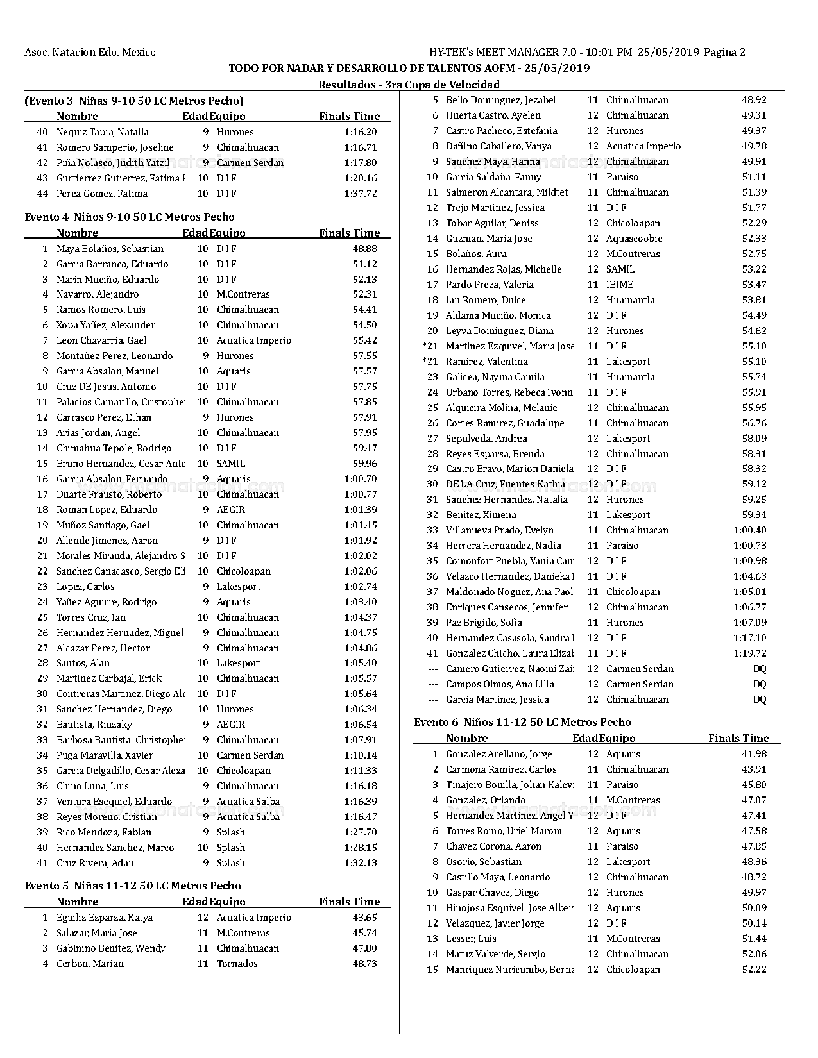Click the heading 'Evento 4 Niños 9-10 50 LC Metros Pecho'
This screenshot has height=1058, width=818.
pyautogui.click(x=130, y=217)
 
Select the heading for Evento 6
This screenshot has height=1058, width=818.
pyautogui.click(x=522, y=722)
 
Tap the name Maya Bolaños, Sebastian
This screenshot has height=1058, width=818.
pyautogui.click(x=110, y=249)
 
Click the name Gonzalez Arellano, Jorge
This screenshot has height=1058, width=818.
pyautogui.click(x=498, y=754)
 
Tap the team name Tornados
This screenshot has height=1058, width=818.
pyautogui.click(x=237, y=964)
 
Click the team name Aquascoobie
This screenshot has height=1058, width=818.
pyautogui.click(x=634, y=239)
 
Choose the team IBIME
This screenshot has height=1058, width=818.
pyautogui.click(x=620, y=285)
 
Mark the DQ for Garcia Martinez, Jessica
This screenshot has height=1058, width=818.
pyautogui.click(x=760, y=700)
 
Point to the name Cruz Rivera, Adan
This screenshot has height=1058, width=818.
pyautogui.click(x=95, y=863)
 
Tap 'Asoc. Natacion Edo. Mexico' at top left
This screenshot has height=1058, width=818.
pyautogui.click(x=90, y=53)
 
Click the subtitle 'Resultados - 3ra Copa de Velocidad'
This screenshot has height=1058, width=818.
pyautogui.click(x=409, y=85)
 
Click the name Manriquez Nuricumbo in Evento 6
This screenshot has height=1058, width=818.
pyautogui.click(x=509, y=970)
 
